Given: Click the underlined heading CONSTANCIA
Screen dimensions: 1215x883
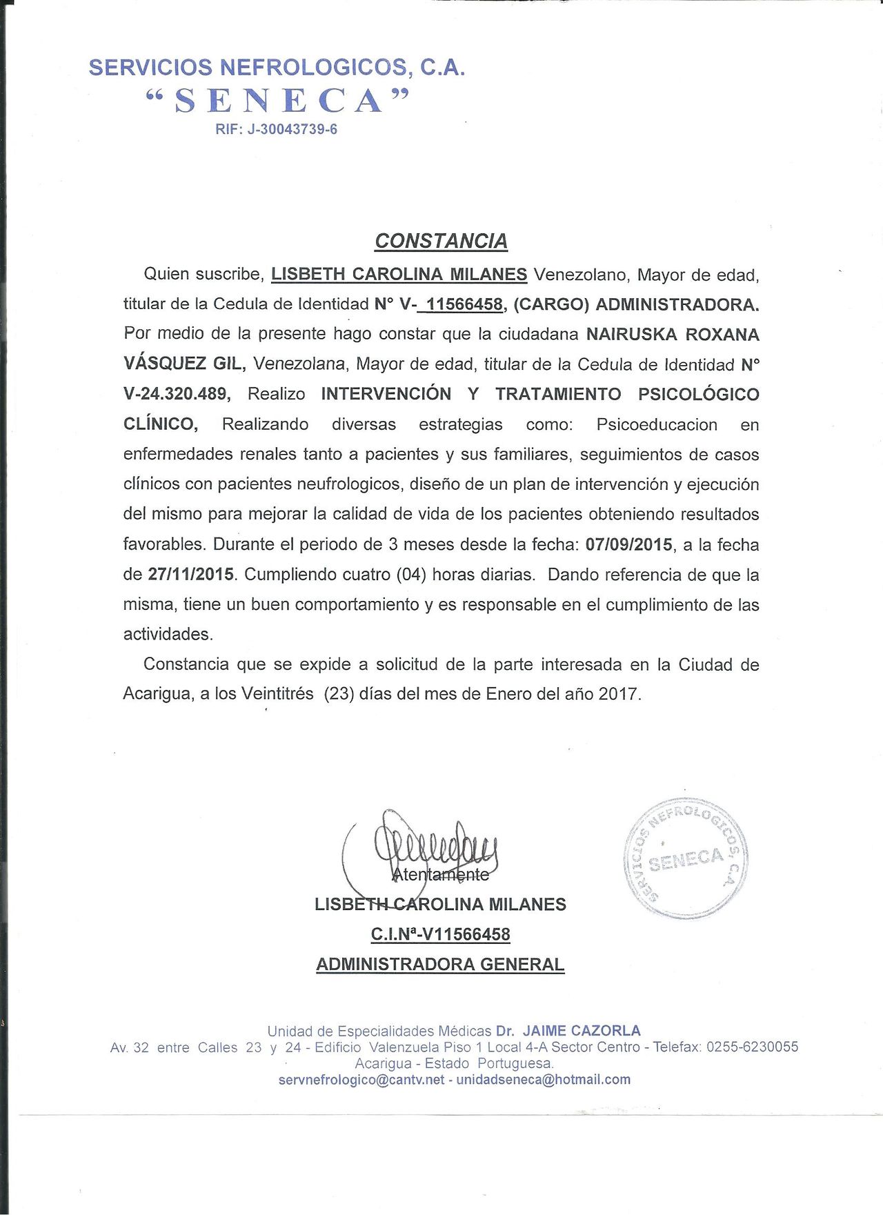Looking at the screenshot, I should point(441,241).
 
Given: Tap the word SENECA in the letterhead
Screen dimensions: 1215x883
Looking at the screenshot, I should point(278,101).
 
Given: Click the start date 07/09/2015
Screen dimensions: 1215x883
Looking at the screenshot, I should point(628,544).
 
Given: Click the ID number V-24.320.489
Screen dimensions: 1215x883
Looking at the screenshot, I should point(176,394).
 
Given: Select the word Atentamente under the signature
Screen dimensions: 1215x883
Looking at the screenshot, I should point(440,875).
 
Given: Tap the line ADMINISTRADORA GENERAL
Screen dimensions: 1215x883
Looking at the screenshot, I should point(440,964).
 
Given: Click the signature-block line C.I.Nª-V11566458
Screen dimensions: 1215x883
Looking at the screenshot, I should point(440,934).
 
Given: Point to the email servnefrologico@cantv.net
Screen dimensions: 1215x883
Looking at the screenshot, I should point(361,1080).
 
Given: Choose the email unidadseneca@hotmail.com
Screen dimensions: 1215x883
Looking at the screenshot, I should point(544,1080).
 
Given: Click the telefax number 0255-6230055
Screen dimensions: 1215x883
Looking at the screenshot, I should point(752,1047).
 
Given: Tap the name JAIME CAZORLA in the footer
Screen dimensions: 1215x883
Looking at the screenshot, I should point(582,1031).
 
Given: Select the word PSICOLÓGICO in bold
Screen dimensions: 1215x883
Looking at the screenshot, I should point(698,394).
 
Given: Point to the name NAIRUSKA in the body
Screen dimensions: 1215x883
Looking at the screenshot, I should point(629,335).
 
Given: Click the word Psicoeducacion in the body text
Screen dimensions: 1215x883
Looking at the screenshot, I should point(657,424).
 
